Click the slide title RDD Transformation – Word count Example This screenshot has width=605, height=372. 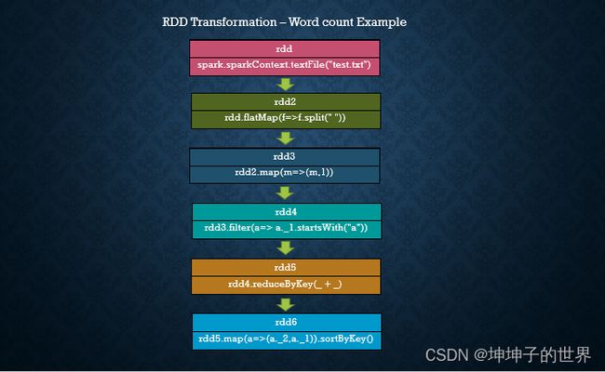click(285, 22)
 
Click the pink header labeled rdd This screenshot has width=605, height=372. click(285, 49)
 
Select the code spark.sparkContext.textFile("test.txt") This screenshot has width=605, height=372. click(285, 65)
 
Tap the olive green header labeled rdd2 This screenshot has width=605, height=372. click(286, 101)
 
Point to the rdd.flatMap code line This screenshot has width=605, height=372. click(285, 117)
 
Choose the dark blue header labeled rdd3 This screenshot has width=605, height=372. click(285, 156)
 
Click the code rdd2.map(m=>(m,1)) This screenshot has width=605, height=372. click(284, 172)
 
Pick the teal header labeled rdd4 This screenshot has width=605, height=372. click(287, 212)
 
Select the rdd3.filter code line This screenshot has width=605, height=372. click(286, 228)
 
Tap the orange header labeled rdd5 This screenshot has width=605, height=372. click(286, 268)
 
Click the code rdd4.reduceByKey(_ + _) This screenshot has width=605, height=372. click(285, 285)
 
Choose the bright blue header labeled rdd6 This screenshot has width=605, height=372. click(287, 323)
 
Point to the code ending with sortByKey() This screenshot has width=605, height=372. click(286, 339)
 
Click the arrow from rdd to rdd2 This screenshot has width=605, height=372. click(286, 85)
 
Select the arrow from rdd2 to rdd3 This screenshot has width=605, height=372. click(286, 138)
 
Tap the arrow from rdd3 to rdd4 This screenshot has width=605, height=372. click(286, 193)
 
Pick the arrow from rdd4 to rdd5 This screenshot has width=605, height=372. click(286, 248)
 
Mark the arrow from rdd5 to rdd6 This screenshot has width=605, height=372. click(286, 304)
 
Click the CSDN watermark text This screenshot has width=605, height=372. click(508, 354)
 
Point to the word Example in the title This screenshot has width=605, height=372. click(382, 22)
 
